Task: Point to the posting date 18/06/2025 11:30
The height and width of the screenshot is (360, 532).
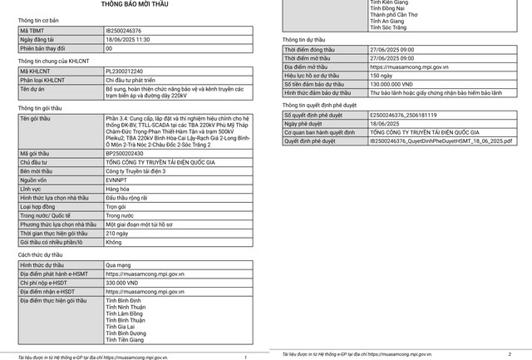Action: (128, 39)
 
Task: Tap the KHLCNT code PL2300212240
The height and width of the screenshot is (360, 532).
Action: (125, 72)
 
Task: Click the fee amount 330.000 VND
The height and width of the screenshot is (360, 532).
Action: (122, 283)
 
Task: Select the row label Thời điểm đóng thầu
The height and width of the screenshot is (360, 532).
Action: (312, 50)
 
